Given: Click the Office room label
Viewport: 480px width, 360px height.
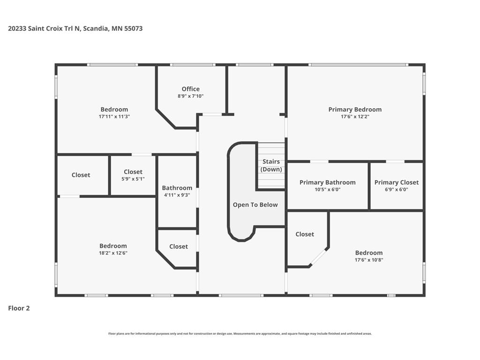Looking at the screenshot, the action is pyautogui.click(x=190, y=89).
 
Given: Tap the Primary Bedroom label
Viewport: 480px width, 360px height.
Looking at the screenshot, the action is pyautogui.click(x=355, y=110).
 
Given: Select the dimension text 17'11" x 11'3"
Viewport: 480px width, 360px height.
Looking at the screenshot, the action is pyautogui.click(x=114, y=117).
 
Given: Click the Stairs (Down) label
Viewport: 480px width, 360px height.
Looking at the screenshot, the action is pyautogui.click(x=271, y=165).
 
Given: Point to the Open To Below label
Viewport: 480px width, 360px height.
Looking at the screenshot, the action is pyautogui.click(x=255, y=205).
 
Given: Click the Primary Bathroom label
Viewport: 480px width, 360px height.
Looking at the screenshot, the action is pyautogui.click(x=327, y=182).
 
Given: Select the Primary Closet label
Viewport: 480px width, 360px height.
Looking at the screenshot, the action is pyautogui.click(x=397, y=182).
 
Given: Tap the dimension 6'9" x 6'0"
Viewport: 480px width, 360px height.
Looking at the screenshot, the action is pyautogui.click(x=397, y=189).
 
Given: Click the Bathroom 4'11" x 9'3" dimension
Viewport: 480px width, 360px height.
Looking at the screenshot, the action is pyautogui.click(x=177, y=195).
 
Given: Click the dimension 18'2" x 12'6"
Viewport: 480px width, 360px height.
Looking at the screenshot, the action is pyautogui.click(x=113, y=253).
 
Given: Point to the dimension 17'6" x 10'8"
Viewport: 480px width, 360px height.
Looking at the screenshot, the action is pyautogui.click(x=369, y=260).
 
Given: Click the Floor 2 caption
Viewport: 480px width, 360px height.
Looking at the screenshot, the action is pyautogui.click(x=19, y=308).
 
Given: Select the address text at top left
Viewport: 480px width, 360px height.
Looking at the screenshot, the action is pyautogui.click(x=75, y=29).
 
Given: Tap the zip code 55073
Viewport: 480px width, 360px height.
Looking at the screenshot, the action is pyautogui.click(x=134, y=29).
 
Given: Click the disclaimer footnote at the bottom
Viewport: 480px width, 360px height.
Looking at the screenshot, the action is pyautogui.click(x=240, y=334).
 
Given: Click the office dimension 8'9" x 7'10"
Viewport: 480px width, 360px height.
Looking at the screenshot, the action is pyautogui.click(x=190, y=96).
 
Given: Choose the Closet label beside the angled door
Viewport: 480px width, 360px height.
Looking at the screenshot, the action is pyautogui.click(x=305, y=234).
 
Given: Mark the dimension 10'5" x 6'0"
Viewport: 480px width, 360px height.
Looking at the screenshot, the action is pyautogui.click(x=327, y=189).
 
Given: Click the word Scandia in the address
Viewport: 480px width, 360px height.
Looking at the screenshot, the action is pyautogui.click(x=96, y=29).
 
